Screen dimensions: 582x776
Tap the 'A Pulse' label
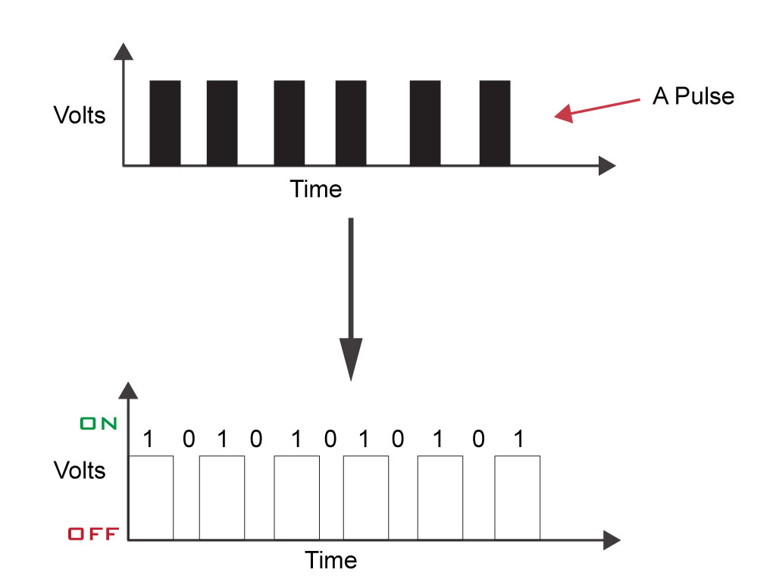693,97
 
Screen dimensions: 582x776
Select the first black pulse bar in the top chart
165,122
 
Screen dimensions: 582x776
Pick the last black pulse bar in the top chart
496,122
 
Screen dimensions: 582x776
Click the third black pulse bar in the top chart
289,122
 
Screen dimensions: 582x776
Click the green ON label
99,424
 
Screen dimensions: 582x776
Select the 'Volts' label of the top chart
80,116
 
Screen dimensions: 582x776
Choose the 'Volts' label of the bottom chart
80,471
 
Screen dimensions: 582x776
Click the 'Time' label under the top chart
316,189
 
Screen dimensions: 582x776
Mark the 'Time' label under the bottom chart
331,560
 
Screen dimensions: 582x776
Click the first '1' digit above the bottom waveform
148,440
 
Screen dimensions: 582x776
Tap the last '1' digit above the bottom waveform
518,440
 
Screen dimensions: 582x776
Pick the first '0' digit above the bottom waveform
187,440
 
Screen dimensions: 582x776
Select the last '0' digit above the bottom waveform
478,440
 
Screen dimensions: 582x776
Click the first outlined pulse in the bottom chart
152,497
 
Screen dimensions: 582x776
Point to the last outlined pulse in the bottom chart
518,497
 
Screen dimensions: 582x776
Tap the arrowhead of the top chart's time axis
605,166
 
